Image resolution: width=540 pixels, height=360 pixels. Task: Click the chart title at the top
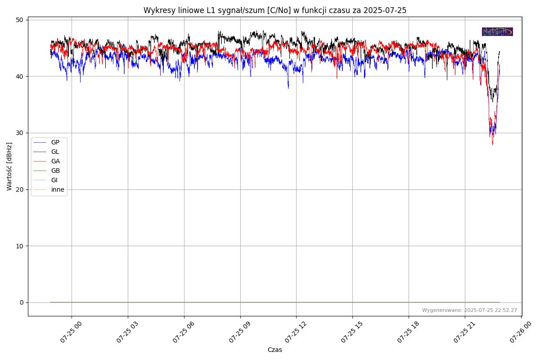(274, 10)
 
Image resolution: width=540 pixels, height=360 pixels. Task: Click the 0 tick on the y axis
(21, 302)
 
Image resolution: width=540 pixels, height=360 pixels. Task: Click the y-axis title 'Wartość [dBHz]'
(9, 166)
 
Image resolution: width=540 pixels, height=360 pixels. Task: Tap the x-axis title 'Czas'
(274, 350)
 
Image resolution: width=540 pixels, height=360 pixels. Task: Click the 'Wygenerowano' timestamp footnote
(469, 310)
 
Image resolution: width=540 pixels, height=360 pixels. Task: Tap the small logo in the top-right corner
(497, 31)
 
